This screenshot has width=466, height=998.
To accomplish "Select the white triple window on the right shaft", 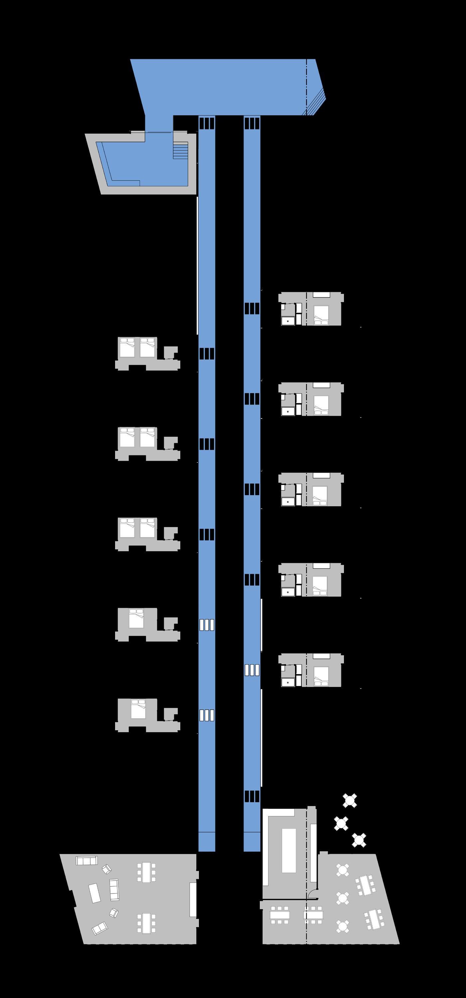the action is click(252, 670).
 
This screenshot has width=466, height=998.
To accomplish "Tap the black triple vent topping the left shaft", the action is click(207, 123).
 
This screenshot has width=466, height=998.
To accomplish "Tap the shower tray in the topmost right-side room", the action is click(287, 321).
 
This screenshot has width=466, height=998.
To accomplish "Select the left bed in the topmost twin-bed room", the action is click(127, 348).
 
